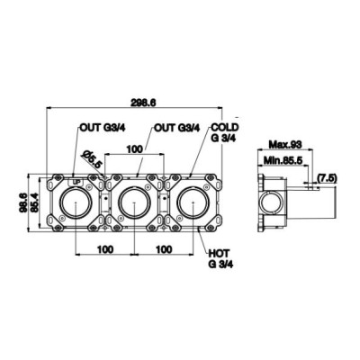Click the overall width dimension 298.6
pos(143,103)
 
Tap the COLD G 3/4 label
pos(225,132)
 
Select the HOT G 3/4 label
pos(220,258)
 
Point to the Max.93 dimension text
pos(285,145)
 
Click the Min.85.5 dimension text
pos(282,160)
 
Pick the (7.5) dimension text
pos(328,178)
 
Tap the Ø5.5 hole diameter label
pos(92,159)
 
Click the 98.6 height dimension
pos(23,203)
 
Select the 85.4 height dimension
pos(34,203)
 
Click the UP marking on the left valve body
pos(76,182)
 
